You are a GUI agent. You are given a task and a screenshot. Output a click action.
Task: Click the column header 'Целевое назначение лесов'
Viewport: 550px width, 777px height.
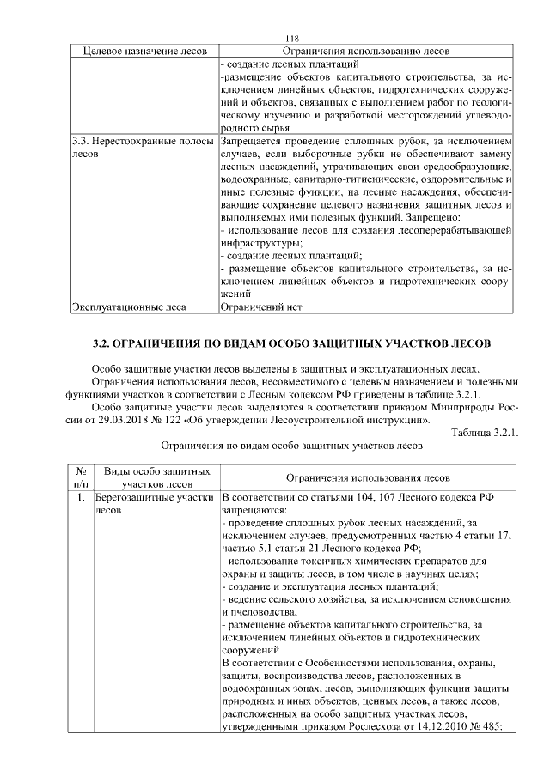click(143, 52)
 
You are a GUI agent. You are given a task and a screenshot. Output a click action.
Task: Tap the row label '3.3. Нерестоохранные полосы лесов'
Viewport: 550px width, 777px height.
click(141, 148)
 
